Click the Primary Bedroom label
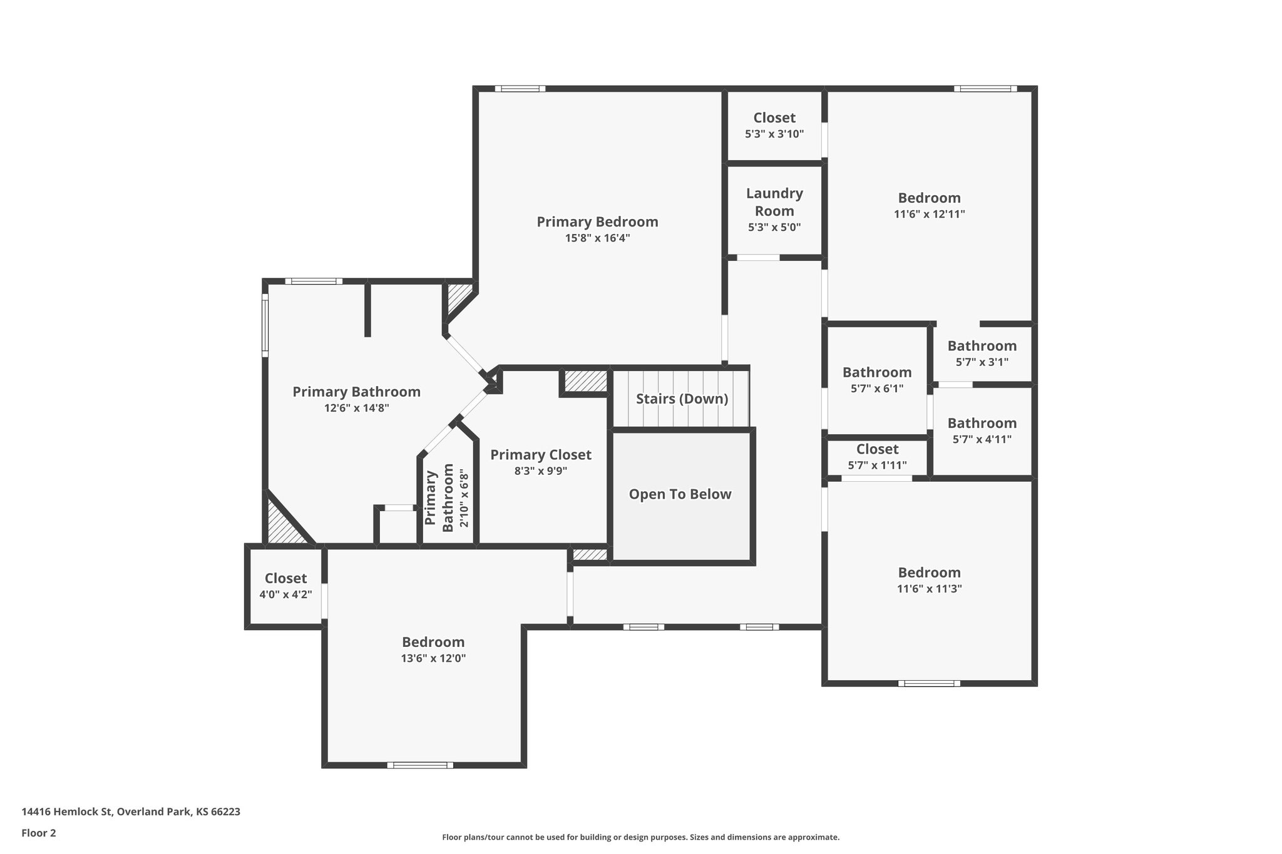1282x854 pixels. coord(597,222)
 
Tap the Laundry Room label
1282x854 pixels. coord(774,202)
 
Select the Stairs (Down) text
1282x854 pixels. coord(682,399)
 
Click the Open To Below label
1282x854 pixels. coord(680,494)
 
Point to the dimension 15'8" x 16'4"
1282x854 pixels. coord(597,238)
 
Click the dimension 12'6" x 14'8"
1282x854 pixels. coord(356,408)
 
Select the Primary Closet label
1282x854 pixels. coord(540,455)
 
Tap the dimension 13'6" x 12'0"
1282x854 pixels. coord(433,658)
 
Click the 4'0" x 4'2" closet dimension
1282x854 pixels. coord(285,594)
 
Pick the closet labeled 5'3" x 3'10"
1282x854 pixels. coord(774,125)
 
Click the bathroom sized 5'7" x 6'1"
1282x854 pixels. coord(876,380)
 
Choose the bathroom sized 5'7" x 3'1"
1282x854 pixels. coord(982,353)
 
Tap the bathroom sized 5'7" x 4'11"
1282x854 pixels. coord(982,430)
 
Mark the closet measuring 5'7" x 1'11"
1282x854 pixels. coord(877,457)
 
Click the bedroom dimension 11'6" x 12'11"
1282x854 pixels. coord(929,214)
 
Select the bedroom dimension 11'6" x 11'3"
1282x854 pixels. coord(929,589)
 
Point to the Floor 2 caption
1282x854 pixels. coord(39,833)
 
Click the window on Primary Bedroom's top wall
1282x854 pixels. coord(520,89)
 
